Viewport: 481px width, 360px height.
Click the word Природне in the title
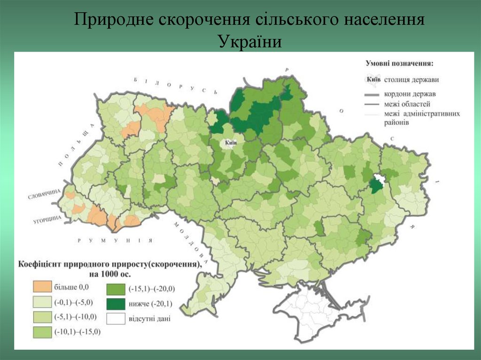click(x=114, y=21)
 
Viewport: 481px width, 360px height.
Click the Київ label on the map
click(x=231, y=143)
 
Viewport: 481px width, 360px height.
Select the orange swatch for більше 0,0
click(x=43, y=286)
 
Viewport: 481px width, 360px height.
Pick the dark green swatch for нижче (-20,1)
click(x=116, y=304)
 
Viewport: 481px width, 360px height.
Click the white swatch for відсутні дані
click(x=116, y=319)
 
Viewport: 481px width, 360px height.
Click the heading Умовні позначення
click(x=400, y=63)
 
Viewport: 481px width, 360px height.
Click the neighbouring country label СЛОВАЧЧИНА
click(x=44, y=193)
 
